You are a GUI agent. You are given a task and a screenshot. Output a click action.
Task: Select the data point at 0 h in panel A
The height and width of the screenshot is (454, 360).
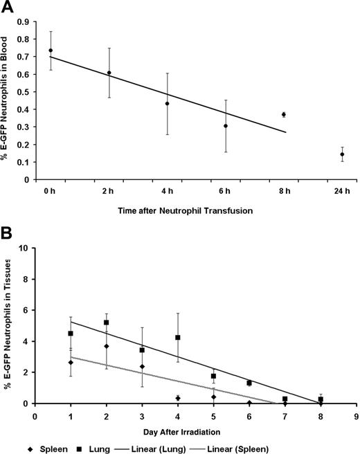tap(51, 51)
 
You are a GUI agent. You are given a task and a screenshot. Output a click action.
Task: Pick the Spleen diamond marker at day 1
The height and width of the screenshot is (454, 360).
tap(70, 363)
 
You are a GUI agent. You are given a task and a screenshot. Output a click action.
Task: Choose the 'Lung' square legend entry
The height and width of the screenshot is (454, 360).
tap(125, 446)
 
